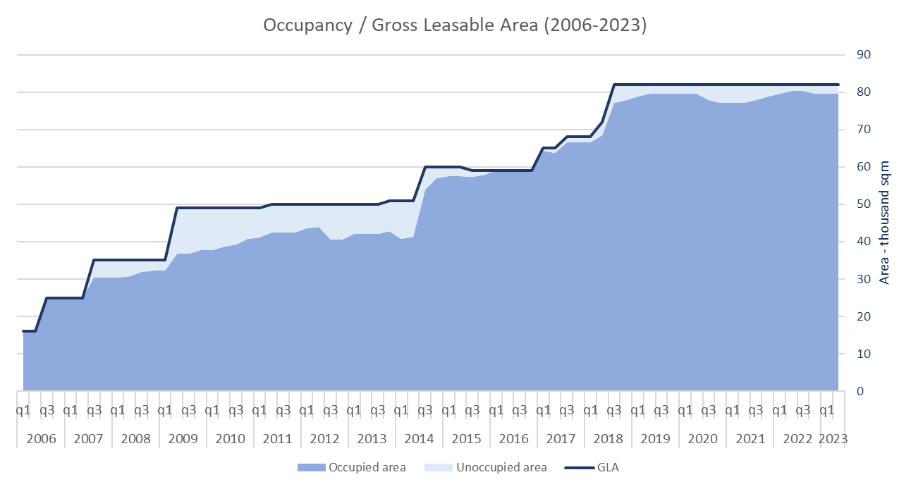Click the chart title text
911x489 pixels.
455,25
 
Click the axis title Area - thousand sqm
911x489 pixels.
886,222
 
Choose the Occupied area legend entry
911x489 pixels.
351,467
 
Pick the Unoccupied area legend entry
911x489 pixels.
492,467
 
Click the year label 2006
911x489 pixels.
41,439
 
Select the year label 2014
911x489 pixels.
419,439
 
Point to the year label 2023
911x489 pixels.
833,439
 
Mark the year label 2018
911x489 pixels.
608,439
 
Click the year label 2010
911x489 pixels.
230,439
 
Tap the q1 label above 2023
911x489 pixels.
827,409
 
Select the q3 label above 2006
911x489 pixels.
47,409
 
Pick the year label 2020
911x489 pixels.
702,439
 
